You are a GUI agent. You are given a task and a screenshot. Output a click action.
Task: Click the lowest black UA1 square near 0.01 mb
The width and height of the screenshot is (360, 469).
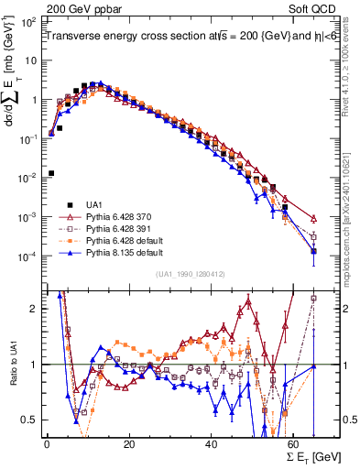pos(50,172)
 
